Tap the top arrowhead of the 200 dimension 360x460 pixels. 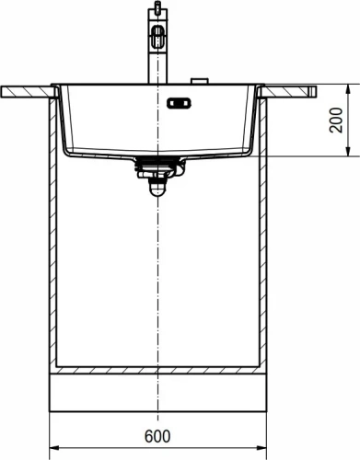pyautogui.click(x=348, y=90)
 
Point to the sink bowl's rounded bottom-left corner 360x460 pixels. pyautogui.click(x=68, y=147)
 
